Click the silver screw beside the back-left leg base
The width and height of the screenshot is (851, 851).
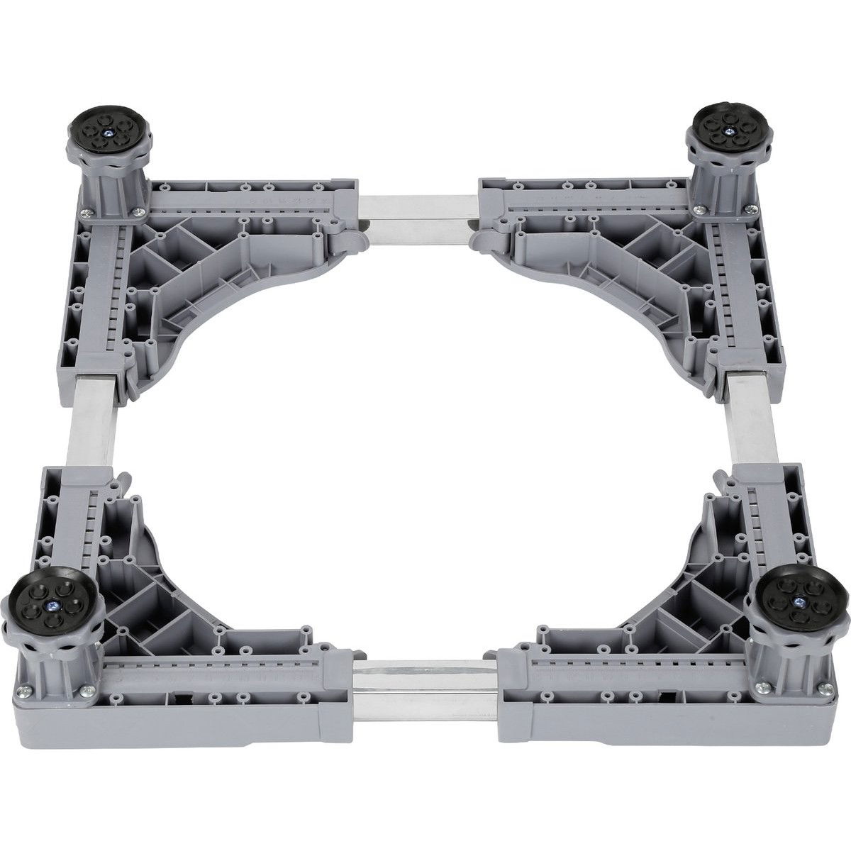pyautogui.click(x=86, y=212)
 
